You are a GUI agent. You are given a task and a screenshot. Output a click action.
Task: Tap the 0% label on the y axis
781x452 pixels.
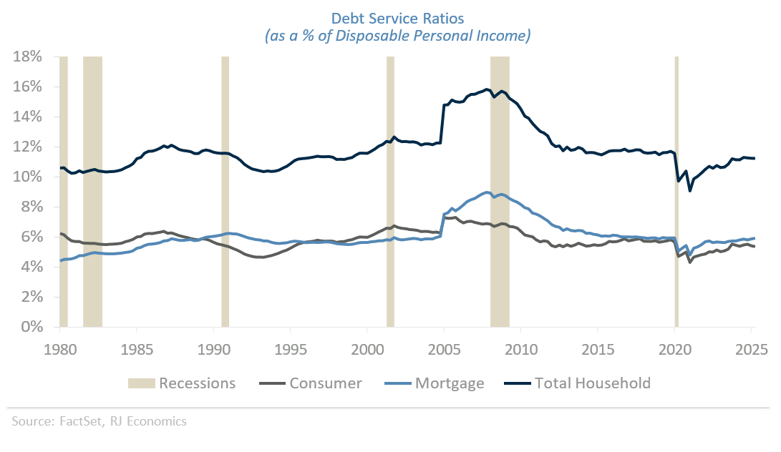tap(33, 327)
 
